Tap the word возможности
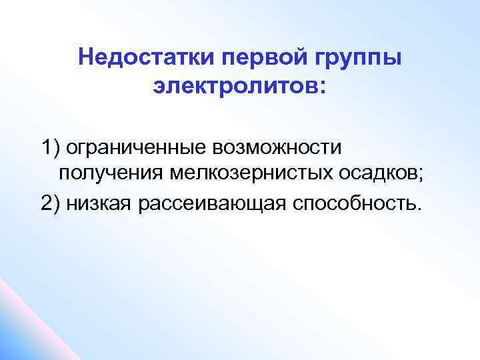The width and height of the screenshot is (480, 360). [285, 145]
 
